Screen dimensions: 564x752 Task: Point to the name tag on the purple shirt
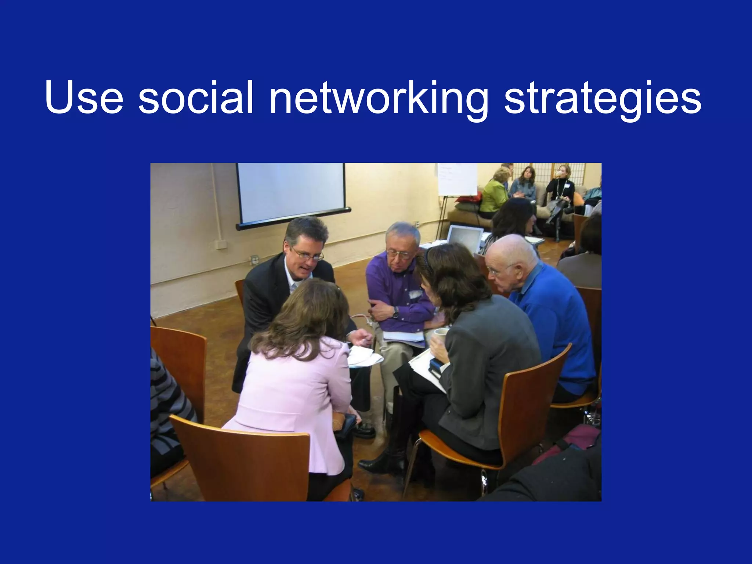[415, 294]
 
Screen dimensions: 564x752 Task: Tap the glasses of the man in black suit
[308, 254]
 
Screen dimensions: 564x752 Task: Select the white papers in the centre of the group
[364, 356]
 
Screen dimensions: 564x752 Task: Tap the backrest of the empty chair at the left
[180, 364]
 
